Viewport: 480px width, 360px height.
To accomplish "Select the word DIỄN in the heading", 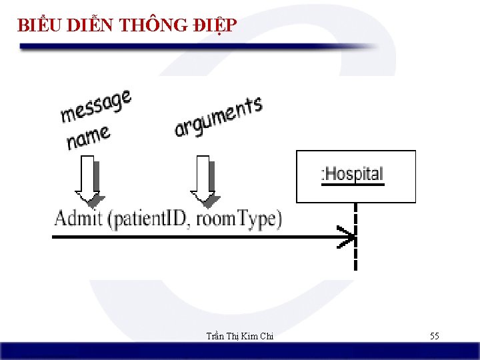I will coord(89,25).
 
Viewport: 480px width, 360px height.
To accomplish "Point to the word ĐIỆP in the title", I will coord(213,25).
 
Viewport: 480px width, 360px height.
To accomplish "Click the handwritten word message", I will coord(96,107).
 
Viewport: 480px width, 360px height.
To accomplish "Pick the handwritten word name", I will coord(88,138).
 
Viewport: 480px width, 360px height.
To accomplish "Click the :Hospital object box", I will coord(355,176).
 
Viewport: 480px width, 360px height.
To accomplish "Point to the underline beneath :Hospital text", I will coord(353,185).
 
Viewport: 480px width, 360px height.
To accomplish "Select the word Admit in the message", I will coord(78,219).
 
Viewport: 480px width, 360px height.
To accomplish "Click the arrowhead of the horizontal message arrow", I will coord(347,237).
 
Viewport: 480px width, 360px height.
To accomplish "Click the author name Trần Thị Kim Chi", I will coord(239,336).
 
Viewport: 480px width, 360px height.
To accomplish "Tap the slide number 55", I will coord(434,336).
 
